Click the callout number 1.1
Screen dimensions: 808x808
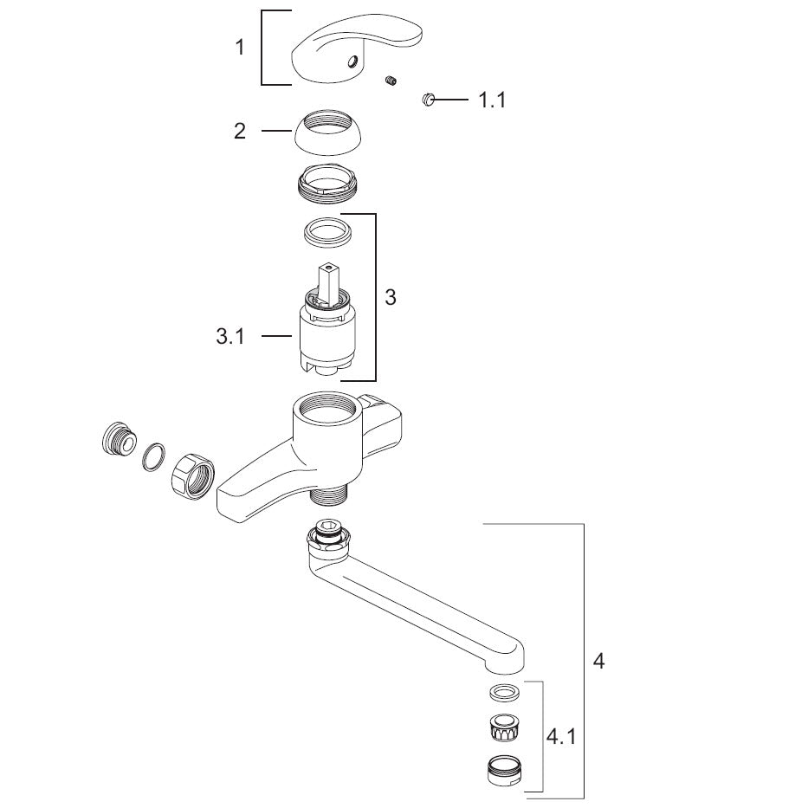click(x=491, y=100)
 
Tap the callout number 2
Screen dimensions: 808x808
click(x=240, y=131)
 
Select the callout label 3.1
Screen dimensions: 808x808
click(x=230, y=336)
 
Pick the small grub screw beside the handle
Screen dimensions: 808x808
click(x=391, y=81)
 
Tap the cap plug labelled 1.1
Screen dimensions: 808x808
click(x=429, y=100)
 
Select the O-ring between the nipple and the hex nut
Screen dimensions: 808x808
click(x=153, y=457)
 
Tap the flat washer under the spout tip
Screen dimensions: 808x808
click(x=504, y=693)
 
